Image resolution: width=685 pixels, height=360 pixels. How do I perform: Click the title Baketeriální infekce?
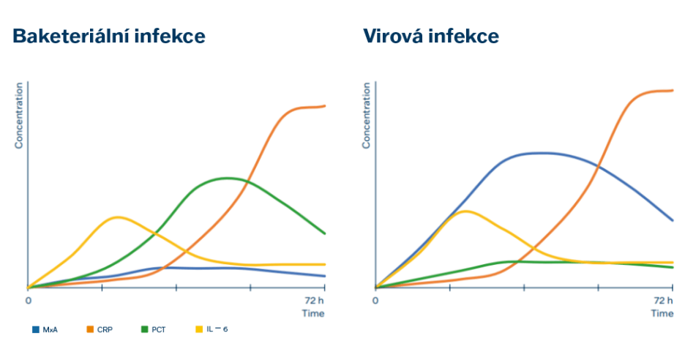point(108,37)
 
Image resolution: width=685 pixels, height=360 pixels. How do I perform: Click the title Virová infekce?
point(431,37)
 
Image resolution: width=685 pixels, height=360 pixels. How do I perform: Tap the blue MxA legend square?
point(35,329)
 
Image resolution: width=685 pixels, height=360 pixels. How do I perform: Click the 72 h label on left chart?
point(314,300)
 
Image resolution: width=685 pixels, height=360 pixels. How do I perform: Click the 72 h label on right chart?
point(662,300)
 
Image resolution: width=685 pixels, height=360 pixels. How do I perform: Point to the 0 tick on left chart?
point(29,300)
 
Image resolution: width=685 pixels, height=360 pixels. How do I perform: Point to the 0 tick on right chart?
point(375,300)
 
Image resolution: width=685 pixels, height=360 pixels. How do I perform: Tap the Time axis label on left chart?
point(313,313)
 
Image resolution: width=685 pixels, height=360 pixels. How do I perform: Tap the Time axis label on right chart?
point(662,313)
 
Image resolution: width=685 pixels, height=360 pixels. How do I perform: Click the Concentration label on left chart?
point(19,115)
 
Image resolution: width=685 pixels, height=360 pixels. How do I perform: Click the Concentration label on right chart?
point(367,115)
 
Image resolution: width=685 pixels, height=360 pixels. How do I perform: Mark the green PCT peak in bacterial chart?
point(227,178)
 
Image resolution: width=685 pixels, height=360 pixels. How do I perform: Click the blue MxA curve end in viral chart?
point(673,220)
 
